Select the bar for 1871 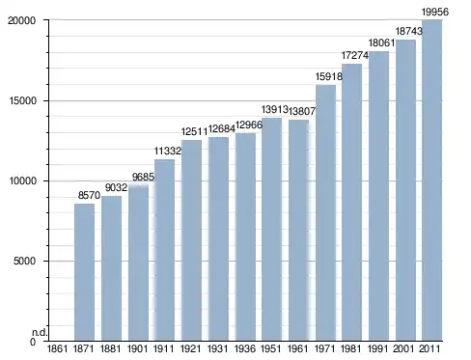coord(84,272)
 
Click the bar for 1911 coord(164,250)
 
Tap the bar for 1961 coord(298,231)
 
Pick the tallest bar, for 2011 coord(432,180)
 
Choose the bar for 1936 coord(245,236)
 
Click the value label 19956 coord(435,13)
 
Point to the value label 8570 coord(89,195)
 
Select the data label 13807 coord(302,111)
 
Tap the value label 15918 coord(329,76)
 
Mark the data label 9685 coord(143,177)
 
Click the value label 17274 coord(355,55)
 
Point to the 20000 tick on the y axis coord(21,20)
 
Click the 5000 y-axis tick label coord(24,261)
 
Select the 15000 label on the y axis coord(21,100)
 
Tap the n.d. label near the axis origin coord(40,333)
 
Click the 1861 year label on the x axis coord(57,348)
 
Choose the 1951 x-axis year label coord(271,348)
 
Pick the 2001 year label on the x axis coord(403,348)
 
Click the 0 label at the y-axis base coord(33,342)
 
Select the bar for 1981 coord(352,203)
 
